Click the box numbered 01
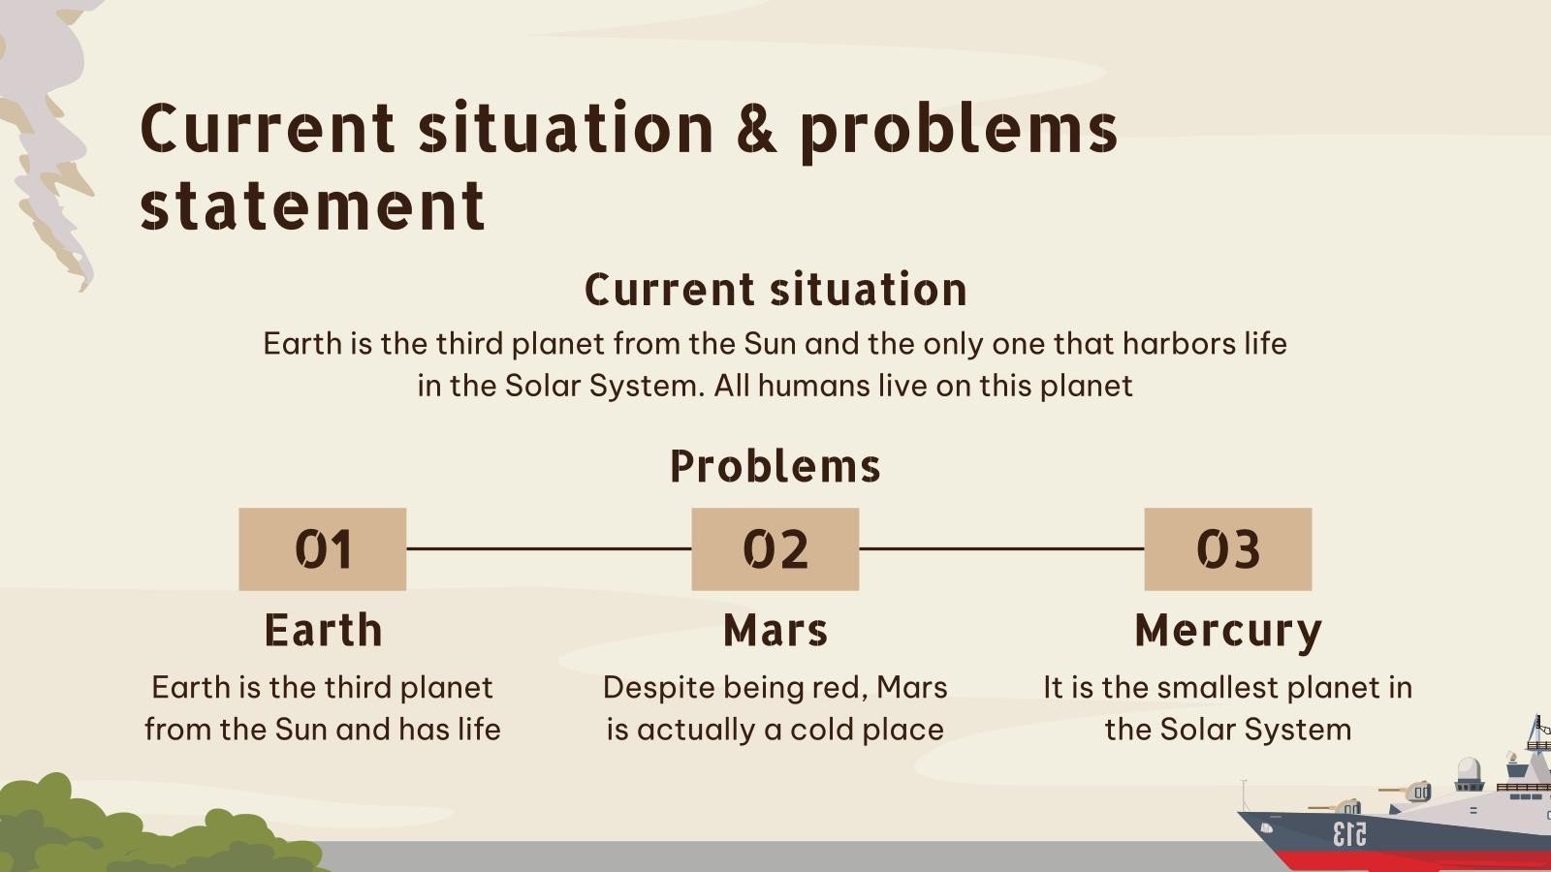[323, 548]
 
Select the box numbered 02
[775, 548]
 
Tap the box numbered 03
[1227, 548]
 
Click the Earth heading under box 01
[324, 631]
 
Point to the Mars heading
[775, 631]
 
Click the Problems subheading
[775, 466]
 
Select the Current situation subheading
[775, 289]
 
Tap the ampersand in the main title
[756, 129]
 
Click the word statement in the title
[312, 205]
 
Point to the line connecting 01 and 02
[549, 548]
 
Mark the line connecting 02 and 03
[1002, 548]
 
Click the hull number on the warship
[1349, 834]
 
